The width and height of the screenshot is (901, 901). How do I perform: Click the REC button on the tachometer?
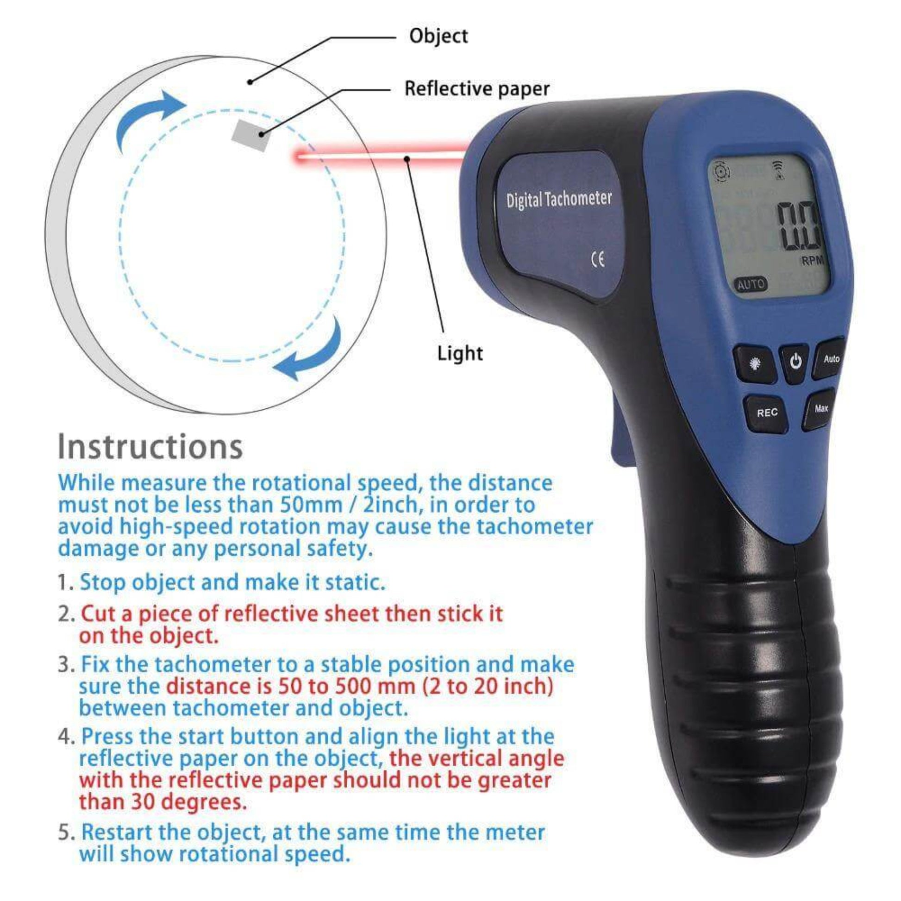(x=767, y=413)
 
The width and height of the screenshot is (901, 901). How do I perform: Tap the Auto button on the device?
(x=831, y=359)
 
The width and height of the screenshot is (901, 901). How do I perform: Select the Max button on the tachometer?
(x=821, y=409)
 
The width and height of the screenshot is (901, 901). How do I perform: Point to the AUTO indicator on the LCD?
(x=751, y=284)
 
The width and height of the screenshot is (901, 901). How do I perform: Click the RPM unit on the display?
(x=812, y=261)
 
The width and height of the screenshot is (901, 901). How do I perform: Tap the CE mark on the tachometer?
(x=598, y=259)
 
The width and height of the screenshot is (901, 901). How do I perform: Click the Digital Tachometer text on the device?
(x=559, y=200)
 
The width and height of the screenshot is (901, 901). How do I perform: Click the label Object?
(x=438, y=36)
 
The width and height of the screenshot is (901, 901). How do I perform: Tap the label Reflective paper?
(x=476, y=88)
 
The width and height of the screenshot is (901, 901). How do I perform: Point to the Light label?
(x=460, y=353)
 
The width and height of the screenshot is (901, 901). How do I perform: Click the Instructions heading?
(x=150, y=447)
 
